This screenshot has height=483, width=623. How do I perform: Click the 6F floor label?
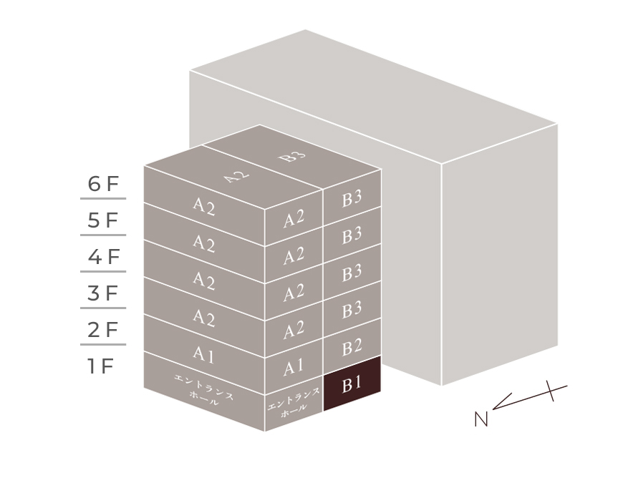point(103,184)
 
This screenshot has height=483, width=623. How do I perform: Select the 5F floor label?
point(103,220)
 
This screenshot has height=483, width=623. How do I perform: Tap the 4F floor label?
point(104,257)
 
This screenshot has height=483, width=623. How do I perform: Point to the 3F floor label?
point(103,293)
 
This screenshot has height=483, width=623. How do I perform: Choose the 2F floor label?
point(103,330)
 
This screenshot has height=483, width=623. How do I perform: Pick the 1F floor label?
point(101,366)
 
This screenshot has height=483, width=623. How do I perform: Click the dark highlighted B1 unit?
point(352,384)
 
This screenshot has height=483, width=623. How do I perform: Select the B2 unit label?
point(352,347)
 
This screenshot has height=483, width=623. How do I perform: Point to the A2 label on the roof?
point(237,176)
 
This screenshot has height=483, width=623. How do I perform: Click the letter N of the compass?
point(480,419)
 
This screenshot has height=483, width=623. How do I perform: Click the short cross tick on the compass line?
point(550,391)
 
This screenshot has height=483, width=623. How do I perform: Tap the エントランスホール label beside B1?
point(294,401)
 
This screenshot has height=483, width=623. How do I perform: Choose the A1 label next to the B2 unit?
point(293,367)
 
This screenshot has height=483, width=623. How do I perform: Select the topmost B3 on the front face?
point(352,198)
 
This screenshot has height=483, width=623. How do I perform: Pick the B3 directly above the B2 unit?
point(352,310)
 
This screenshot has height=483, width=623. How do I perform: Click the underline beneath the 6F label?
point(103,198)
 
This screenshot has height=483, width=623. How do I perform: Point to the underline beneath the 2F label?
point(103,344)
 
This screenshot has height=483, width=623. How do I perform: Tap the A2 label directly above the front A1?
point(294,330)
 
